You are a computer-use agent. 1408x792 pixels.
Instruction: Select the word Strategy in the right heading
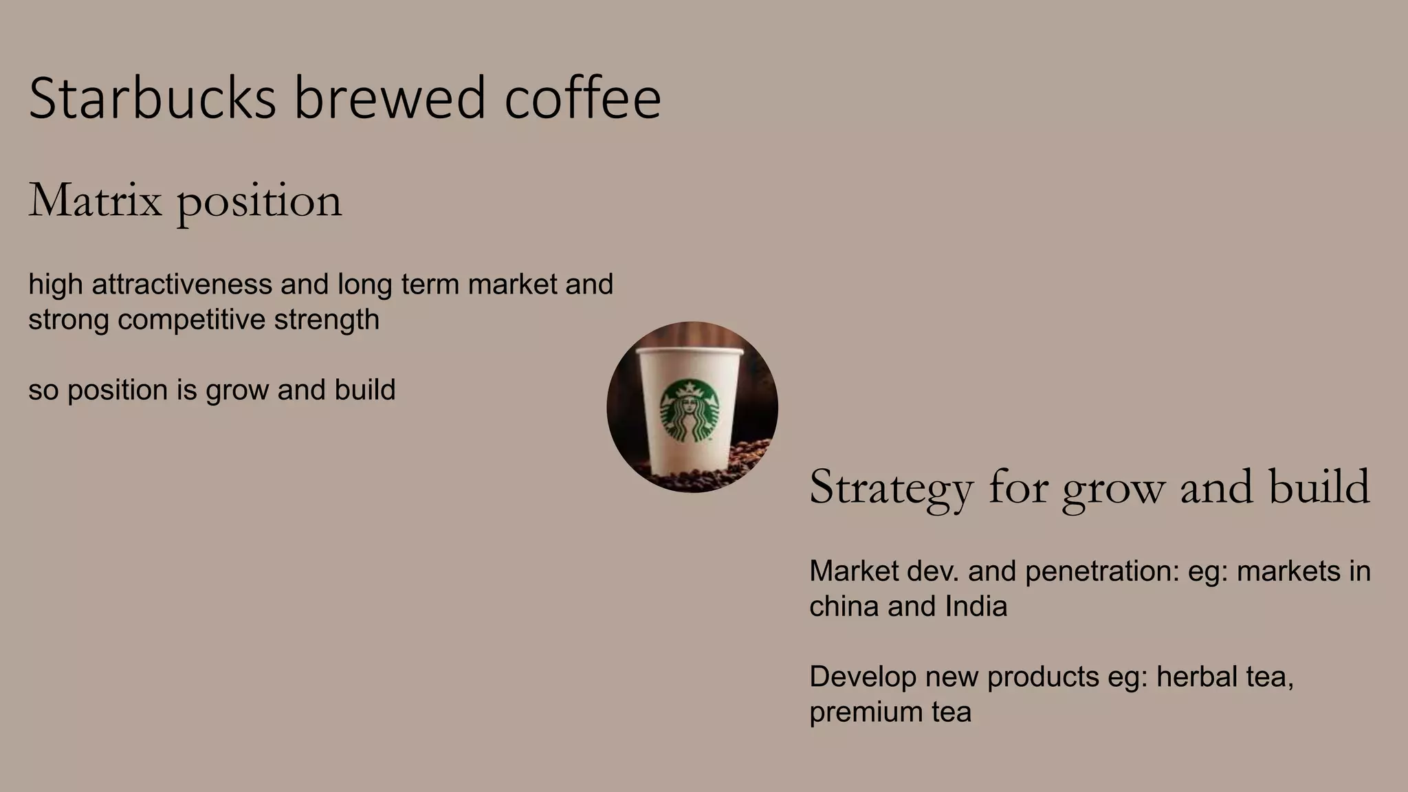click(x=891, y=487)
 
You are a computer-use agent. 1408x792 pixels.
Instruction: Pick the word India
click(x=976, y=606)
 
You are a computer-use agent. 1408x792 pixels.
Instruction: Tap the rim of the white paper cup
click(x=690, y=352)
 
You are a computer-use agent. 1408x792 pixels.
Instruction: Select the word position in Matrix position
click(x=259, y=201)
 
